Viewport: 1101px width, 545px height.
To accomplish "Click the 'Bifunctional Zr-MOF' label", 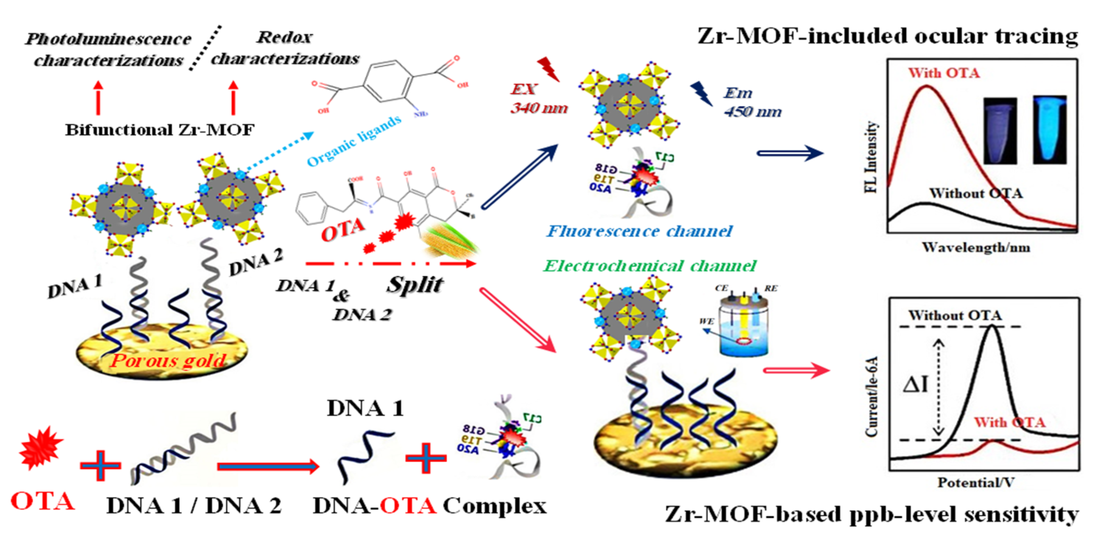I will [159, 130].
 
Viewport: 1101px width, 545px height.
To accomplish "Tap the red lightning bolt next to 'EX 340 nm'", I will [549, 69].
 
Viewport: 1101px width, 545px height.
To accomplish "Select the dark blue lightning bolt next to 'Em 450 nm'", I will [701, 94].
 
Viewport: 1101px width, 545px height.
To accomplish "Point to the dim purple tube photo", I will [1000, 130].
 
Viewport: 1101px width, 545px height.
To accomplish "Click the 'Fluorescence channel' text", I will [640, 231].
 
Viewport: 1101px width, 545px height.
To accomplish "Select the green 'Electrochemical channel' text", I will [650, 266].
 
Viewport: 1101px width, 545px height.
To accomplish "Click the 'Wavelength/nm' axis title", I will [976, 247].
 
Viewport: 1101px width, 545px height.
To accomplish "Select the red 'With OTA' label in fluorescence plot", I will [944, 73].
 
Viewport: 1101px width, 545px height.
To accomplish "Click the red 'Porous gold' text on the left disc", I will [168, 361].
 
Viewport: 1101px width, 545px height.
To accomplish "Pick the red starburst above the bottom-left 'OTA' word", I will [41, 447].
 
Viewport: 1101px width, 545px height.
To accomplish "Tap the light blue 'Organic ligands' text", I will [354, 141].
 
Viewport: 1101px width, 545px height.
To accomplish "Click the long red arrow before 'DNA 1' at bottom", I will [268, 466].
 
